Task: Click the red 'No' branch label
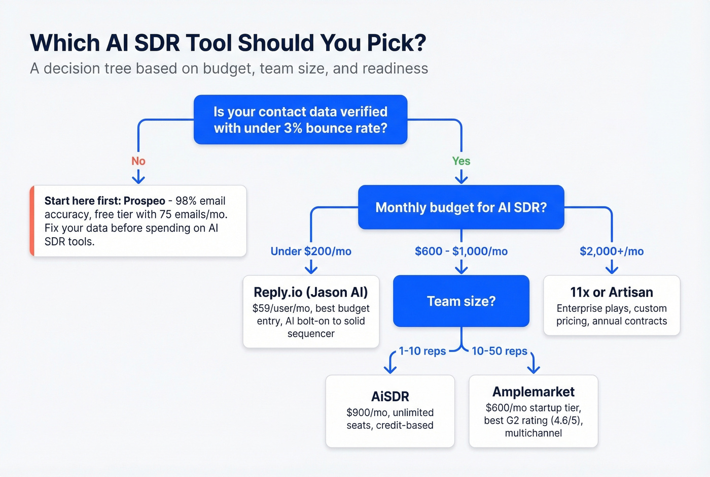tap(138, 161)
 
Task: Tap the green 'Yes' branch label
tap(461, 161)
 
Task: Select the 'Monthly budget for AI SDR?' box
tap(461, 207)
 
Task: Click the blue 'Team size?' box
tap(461, 301)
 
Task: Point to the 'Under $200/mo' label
tap(311, 251)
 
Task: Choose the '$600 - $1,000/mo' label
tap(461, 251)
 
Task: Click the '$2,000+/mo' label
tap(612, 251)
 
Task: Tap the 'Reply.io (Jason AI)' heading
tap(311, 292)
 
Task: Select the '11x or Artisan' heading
tap(612, 292)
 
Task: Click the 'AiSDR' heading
tap(390, 396)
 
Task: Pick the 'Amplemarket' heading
tap(534, 392)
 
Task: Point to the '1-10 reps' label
tap(422, 351)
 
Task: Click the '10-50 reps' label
tap(500, 351)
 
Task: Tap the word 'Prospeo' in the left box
tap(145, 201)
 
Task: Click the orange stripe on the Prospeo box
tap(32, 221)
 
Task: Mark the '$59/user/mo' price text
tap(275, 308)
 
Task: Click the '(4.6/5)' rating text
tap(566, 421)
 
